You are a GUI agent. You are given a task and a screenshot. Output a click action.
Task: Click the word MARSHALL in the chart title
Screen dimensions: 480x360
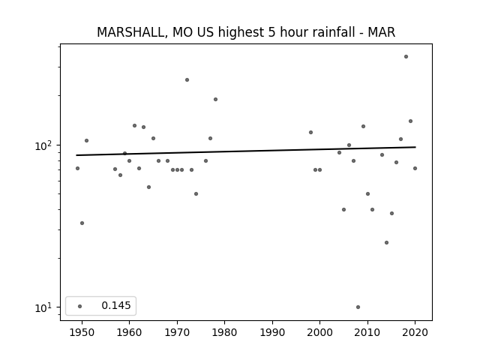click(132, 32)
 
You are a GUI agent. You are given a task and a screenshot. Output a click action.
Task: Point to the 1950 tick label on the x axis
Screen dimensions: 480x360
click(82, 332)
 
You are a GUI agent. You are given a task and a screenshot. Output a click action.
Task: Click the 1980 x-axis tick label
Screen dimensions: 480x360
click(224, 332)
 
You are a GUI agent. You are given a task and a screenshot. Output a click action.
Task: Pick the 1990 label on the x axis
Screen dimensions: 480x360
click(272, 332)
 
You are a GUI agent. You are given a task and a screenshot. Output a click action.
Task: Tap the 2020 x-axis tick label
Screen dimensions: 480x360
click(415, 332)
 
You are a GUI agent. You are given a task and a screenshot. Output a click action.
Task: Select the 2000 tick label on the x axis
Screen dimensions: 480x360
click(320, 332)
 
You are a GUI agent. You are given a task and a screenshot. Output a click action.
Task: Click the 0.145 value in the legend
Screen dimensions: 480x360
click(116, 305)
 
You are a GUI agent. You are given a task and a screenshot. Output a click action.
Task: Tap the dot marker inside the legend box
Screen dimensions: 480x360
click(79, 306)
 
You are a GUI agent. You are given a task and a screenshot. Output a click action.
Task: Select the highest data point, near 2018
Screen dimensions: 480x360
click(406, 57)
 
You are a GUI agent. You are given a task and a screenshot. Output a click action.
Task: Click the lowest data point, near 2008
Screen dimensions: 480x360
click(358, 307)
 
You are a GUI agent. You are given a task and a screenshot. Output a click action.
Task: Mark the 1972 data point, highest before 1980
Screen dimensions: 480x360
click(187, 80)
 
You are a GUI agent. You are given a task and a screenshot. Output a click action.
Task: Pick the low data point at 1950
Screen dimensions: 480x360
click(82, 223)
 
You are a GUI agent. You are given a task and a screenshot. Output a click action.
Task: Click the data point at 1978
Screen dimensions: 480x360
click(215, 100)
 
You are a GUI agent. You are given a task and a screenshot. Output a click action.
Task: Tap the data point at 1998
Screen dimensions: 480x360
click(310, 133)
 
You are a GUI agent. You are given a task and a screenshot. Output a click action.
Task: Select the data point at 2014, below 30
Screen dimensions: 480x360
click(387, 243)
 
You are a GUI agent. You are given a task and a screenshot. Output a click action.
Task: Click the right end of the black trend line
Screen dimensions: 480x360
click(415, 147)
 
